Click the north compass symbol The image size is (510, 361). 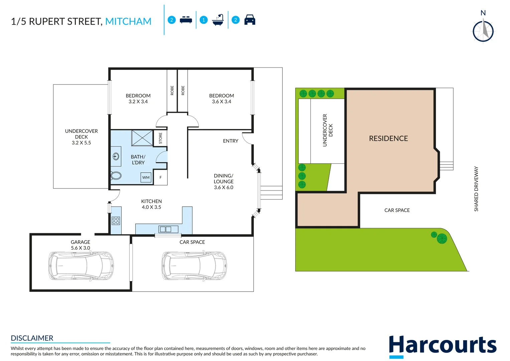tap(483, 31)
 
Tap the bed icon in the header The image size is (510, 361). tap(186, 20)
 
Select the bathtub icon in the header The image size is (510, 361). tap(218, 20)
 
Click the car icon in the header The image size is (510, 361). tap(250, 20)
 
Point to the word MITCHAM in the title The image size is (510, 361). tap(128, 21)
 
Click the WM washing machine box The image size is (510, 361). tap(146, 177)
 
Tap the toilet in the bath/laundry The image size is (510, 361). tap(116, 175)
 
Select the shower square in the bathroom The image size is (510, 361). tap(142, 138)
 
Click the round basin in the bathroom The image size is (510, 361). tap(116, 156)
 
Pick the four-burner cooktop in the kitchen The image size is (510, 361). tap(116, 221)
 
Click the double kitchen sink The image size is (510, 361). tap(165, 229)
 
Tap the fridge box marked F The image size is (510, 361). tap(161, 177)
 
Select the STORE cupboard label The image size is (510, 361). tap(160, 138)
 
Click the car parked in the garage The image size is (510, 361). tap(81, 266)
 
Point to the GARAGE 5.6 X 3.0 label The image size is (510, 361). tap(80, 245)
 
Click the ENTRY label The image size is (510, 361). tap(230, 141)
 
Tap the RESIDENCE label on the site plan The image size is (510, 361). tap(388, 138)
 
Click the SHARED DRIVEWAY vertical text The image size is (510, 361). tap(476, 189)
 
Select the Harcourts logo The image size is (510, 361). tap(443, 346)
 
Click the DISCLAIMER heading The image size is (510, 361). tap(32, 338)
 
